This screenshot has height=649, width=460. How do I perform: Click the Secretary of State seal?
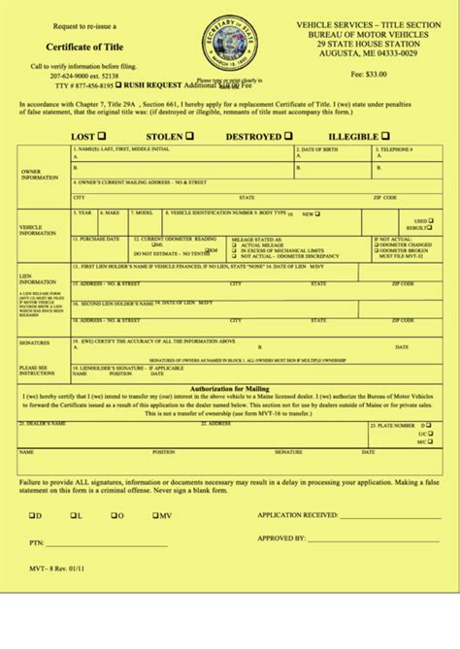click(x=230, y=45)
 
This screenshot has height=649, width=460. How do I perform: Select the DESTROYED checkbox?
click(x=288, y=136)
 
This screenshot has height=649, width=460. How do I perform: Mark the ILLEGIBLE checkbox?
click(x=385, y=136)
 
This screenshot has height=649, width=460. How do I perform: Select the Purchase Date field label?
click(x=99, y=238)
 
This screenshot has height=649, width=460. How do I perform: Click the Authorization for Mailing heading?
click(x=230, y=388)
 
